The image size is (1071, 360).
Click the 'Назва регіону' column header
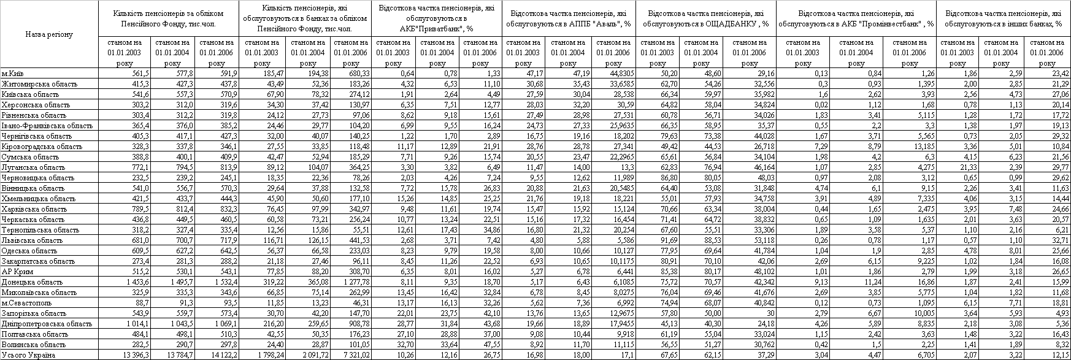pyautogui.click(x=49, y=34)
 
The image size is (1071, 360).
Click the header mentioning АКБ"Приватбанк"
pyautogui.click(x=437, y=18)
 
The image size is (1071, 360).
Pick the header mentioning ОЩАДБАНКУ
pyautogui.click(x=705, y=18)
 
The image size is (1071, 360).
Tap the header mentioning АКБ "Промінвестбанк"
pyautogui.click(x=856, y=18)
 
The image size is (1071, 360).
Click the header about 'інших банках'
pyautogui.click(x=1004, y=18)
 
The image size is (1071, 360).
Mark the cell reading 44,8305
pyautogui.click(x=616, y=74)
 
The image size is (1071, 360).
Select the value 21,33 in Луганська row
pyautogui.click(x=960, y=167)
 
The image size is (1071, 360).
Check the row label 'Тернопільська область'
pyautogui.click(x=40, y=230)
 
